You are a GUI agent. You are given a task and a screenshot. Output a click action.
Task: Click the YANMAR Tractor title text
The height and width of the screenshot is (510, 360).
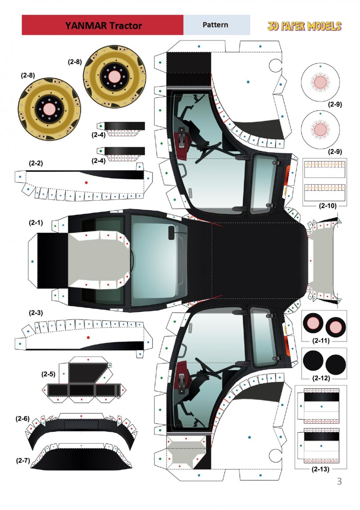103,26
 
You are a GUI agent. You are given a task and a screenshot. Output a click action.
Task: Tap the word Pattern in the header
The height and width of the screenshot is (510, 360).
215,25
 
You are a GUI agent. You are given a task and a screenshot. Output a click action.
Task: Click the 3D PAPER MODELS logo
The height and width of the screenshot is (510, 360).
304,26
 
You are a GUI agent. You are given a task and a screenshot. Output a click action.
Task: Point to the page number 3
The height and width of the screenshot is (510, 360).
339,481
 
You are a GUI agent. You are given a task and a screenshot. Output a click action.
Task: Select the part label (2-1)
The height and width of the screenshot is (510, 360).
36,223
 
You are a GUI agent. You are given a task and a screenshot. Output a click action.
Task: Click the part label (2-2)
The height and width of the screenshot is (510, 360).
36,163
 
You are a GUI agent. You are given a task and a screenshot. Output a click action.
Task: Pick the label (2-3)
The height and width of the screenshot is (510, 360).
36,312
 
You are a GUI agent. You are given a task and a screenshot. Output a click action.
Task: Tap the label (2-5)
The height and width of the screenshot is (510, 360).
48,374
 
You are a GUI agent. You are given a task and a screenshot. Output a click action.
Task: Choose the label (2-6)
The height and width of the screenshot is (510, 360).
22,419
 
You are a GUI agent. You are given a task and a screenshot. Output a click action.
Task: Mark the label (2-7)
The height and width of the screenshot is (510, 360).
23,460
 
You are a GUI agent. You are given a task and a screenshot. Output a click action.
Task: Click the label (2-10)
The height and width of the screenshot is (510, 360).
328,206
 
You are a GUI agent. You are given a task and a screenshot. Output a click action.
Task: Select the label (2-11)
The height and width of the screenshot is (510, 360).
321,340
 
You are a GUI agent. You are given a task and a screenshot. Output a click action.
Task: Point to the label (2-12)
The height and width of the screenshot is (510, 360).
321,378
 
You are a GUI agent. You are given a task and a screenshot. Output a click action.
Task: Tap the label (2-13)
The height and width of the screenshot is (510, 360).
320,469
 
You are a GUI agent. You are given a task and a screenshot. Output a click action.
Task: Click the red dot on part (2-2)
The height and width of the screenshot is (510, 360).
86,183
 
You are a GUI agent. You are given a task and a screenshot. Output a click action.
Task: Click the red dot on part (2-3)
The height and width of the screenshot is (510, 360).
88,338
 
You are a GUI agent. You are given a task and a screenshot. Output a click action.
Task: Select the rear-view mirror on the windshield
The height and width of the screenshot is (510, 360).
171,233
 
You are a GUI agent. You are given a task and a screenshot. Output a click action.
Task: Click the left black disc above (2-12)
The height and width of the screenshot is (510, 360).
313,360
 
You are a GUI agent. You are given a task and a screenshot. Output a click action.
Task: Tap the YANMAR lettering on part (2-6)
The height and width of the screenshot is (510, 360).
81,425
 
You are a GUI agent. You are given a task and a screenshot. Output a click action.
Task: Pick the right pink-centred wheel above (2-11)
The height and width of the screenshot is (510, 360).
336,326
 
